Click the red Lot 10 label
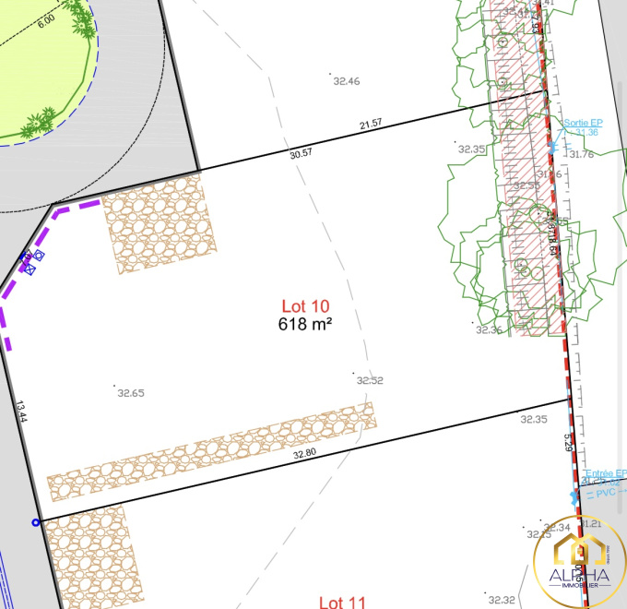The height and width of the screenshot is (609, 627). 304,306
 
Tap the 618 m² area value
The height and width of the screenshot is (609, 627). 304,324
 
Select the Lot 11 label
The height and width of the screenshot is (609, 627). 342,602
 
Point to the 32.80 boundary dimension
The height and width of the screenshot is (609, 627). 305,453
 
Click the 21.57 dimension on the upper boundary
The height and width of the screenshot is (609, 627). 371,124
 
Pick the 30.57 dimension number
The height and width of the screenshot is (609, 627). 301,154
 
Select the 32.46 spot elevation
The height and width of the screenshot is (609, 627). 346,81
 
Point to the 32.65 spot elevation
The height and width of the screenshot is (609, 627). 131,393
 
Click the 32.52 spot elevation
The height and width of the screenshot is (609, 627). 369,380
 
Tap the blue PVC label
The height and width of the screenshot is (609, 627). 605,493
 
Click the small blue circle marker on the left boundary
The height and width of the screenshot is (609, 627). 36,522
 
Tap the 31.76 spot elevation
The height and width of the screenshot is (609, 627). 582,154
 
